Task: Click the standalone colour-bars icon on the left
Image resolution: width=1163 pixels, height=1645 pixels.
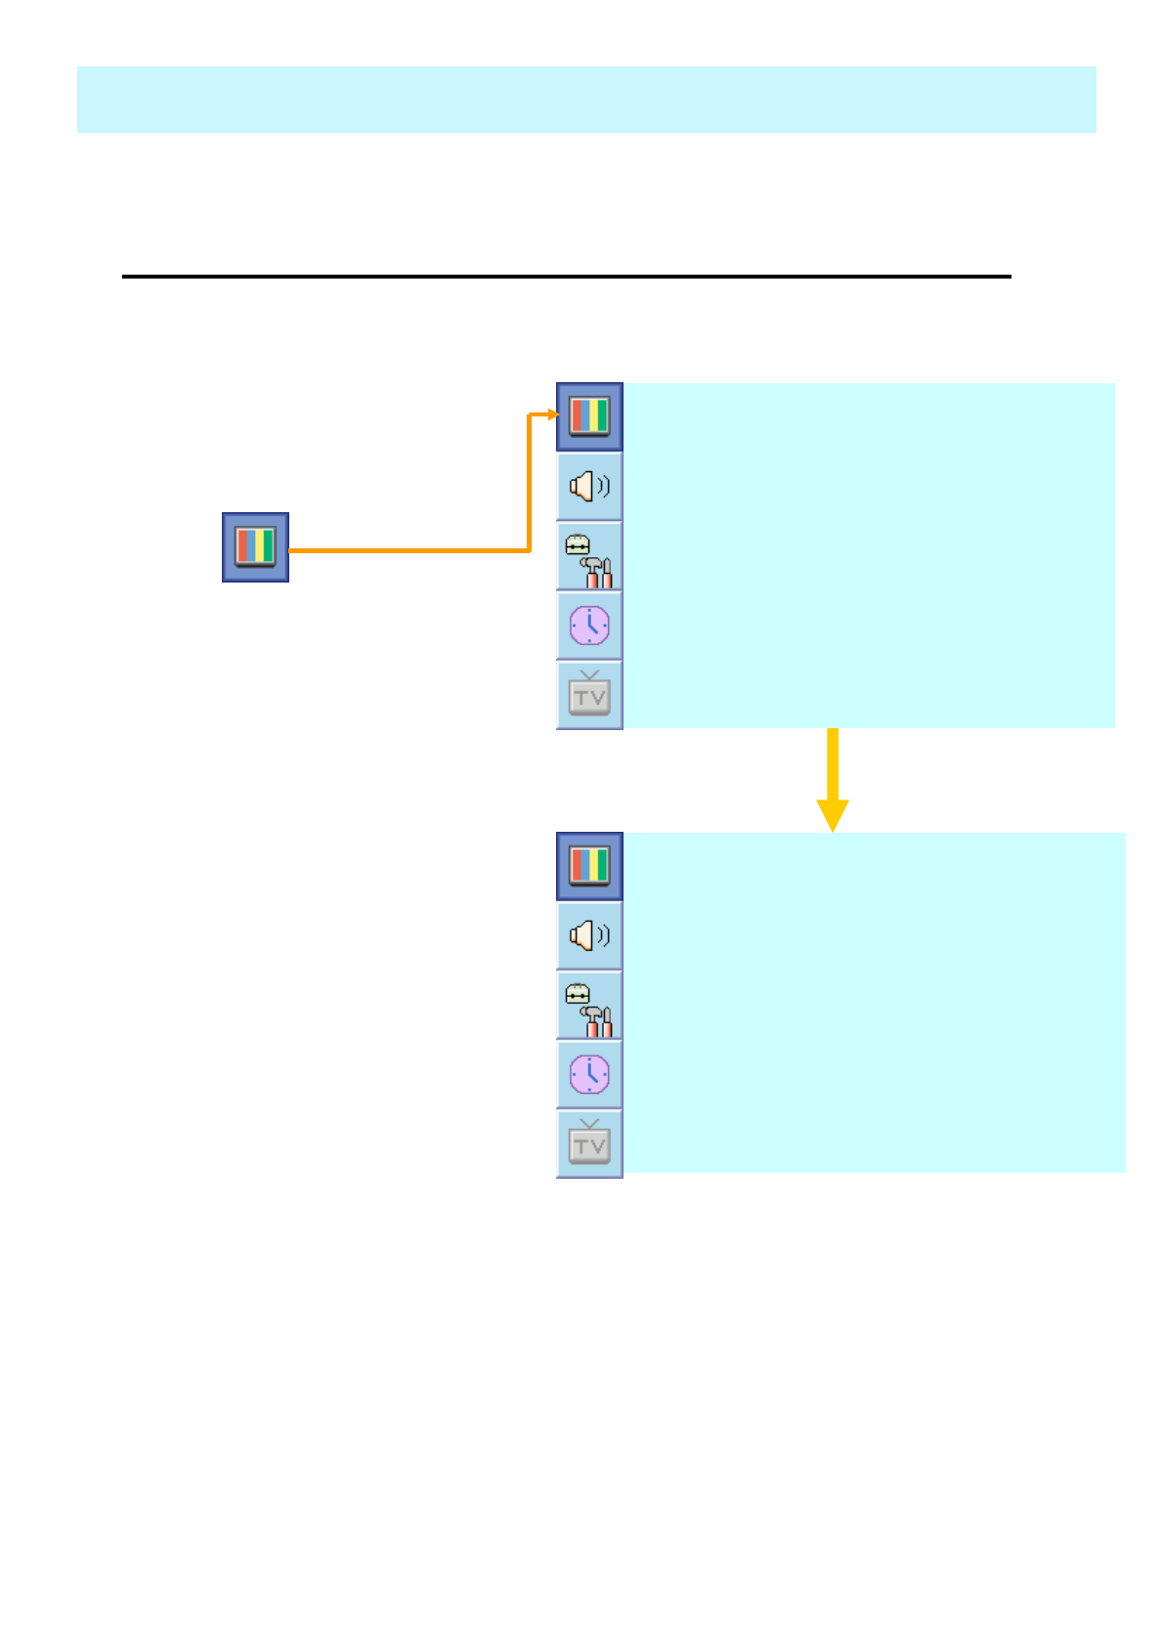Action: point(255,547)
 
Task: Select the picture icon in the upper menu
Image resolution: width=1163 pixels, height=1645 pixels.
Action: point(589,416)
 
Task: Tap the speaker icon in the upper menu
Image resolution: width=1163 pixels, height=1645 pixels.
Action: point(589,486)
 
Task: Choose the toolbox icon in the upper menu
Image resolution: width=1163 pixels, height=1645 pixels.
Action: point(589,556)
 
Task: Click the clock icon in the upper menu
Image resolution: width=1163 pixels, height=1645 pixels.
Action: point(589,626)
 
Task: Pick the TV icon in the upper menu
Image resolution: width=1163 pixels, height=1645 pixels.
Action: point(589,695)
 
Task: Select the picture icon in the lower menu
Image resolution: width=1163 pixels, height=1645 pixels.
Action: point(589,866)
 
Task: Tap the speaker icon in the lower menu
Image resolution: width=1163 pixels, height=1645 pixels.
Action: point(589,935)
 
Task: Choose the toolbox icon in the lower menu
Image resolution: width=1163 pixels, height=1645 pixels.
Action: point(589,1006)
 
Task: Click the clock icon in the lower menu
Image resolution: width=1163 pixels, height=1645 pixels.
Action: point(589,1075)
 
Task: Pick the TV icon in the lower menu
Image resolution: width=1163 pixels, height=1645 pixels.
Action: point(589,1144)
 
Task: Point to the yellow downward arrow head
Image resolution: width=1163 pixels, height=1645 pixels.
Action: point(833,814)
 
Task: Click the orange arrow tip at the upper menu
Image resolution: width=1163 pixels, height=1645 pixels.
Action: point(553,414)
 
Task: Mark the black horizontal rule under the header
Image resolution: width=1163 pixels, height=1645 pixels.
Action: point(567,277)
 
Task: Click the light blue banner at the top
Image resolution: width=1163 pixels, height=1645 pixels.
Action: point(586,100)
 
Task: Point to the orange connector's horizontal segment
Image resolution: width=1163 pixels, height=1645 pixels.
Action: point(410,550)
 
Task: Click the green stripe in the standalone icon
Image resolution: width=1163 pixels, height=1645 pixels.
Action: point(268,546)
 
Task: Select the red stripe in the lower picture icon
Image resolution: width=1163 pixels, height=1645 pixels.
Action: point(577,866)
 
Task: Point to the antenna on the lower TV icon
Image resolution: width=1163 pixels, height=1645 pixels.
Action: point(589,1124)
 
